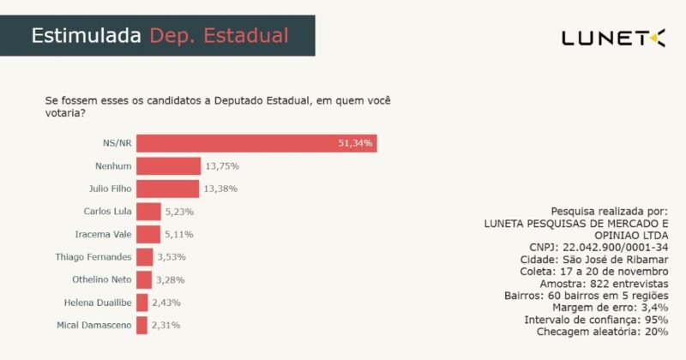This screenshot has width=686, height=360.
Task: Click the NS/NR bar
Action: (256, 143)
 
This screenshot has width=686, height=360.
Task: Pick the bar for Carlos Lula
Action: (148, 211)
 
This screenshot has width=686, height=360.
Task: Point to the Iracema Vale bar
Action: (148, 234)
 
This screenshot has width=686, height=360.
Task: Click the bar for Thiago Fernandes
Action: (144, 256)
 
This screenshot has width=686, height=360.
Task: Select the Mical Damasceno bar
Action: (141, 325)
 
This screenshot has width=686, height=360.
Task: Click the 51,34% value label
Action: (355, 143)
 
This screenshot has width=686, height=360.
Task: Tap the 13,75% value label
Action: (221, 165)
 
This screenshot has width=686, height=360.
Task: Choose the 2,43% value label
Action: (166, 302)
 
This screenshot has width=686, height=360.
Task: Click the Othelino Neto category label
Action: (101, 279)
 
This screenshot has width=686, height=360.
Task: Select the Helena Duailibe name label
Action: (98, 302)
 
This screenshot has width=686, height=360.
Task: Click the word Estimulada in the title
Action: (86, 36)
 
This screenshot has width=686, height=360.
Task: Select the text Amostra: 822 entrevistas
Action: (604, 283)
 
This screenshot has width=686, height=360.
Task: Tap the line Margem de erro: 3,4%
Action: (611, 307)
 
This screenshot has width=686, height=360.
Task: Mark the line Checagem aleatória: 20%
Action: (603, 331)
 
